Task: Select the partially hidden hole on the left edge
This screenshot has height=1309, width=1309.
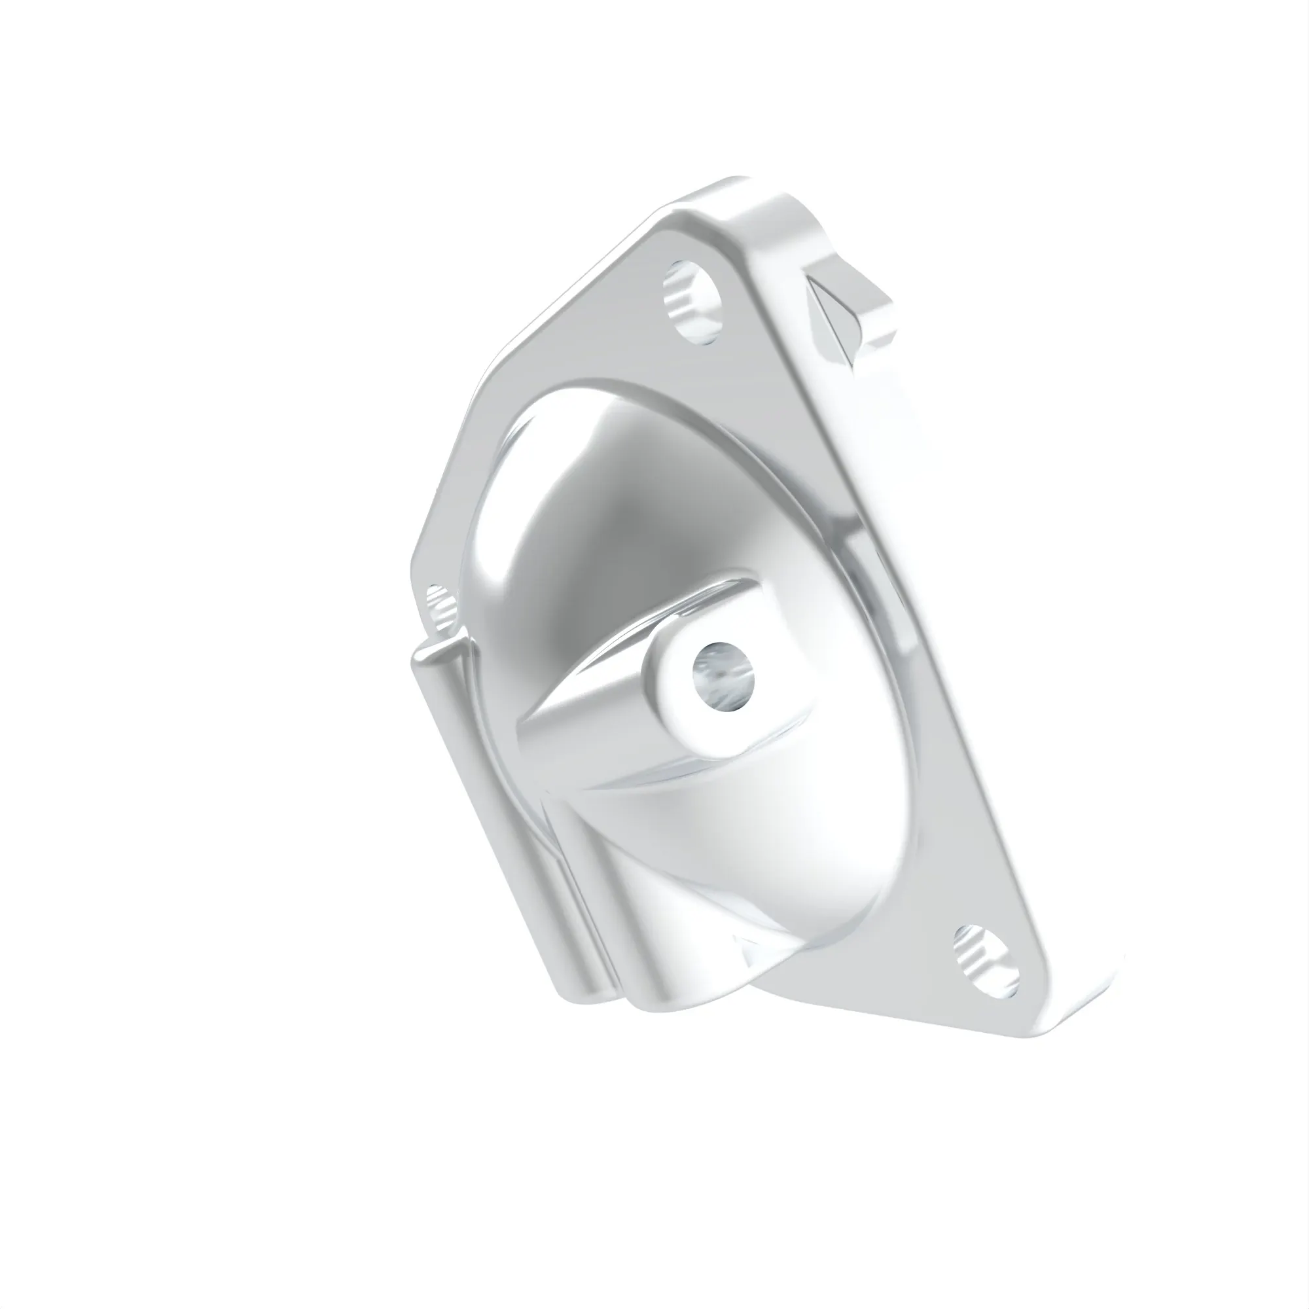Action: [x=440, y=603]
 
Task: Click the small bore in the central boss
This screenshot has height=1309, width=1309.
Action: [x=724, y=677]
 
